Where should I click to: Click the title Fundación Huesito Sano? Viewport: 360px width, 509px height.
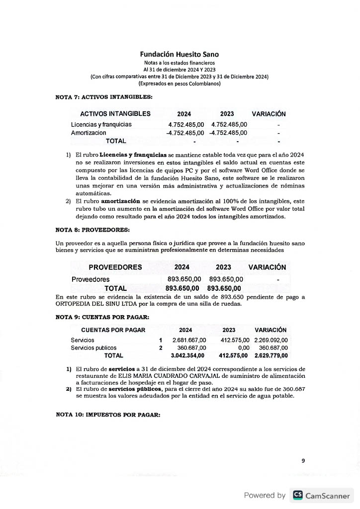[x=179, y=54]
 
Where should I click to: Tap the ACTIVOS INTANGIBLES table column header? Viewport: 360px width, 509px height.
[x=115, y=114]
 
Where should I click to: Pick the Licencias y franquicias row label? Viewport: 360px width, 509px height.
[x=101, y=124]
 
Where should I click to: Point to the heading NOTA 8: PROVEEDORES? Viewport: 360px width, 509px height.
[x=92, y=230]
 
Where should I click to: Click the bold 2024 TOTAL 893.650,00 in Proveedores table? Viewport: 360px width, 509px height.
[x=182, y=288]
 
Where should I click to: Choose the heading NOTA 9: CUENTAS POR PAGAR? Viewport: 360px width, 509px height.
[x=102, y=317]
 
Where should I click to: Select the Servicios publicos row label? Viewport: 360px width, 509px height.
[x=93, y=347]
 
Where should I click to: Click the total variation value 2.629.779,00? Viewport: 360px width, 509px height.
[x=271, y=356]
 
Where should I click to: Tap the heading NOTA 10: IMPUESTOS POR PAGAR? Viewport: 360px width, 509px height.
[x=107, y=415]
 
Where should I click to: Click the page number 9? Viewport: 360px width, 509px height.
[x=303, y=461]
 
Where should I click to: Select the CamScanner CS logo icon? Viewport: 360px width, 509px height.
[x=298, y=495]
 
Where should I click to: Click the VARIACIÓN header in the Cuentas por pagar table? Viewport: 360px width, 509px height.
[x=270, y=330]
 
